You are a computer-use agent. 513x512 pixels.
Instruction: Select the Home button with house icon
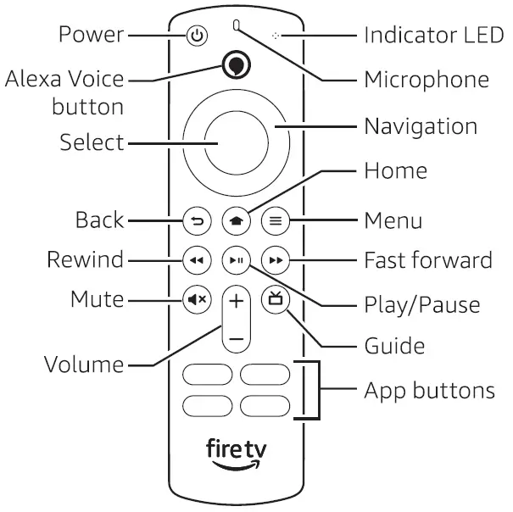[x=235, y=221]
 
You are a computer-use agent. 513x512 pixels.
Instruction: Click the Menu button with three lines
[x=273, y=221]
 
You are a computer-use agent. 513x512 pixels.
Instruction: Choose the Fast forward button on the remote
[x=273, y=259]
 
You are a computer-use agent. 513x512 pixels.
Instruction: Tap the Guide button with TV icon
[x=273, y=299]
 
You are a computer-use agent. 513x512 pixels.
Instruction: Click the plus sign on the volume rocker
[x=236, y=301]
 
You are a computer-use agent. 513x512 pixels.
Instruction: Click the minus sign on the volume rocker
[x=236, y=337]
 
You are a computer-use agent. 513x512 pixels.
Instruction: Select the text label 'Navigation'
[x=421, y=127]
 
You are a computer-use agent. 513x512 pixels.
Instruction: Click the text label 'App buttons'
[x=429, y=391]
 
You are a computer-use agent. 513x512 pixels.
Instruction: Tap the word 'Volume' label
[x=83, y=365]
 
